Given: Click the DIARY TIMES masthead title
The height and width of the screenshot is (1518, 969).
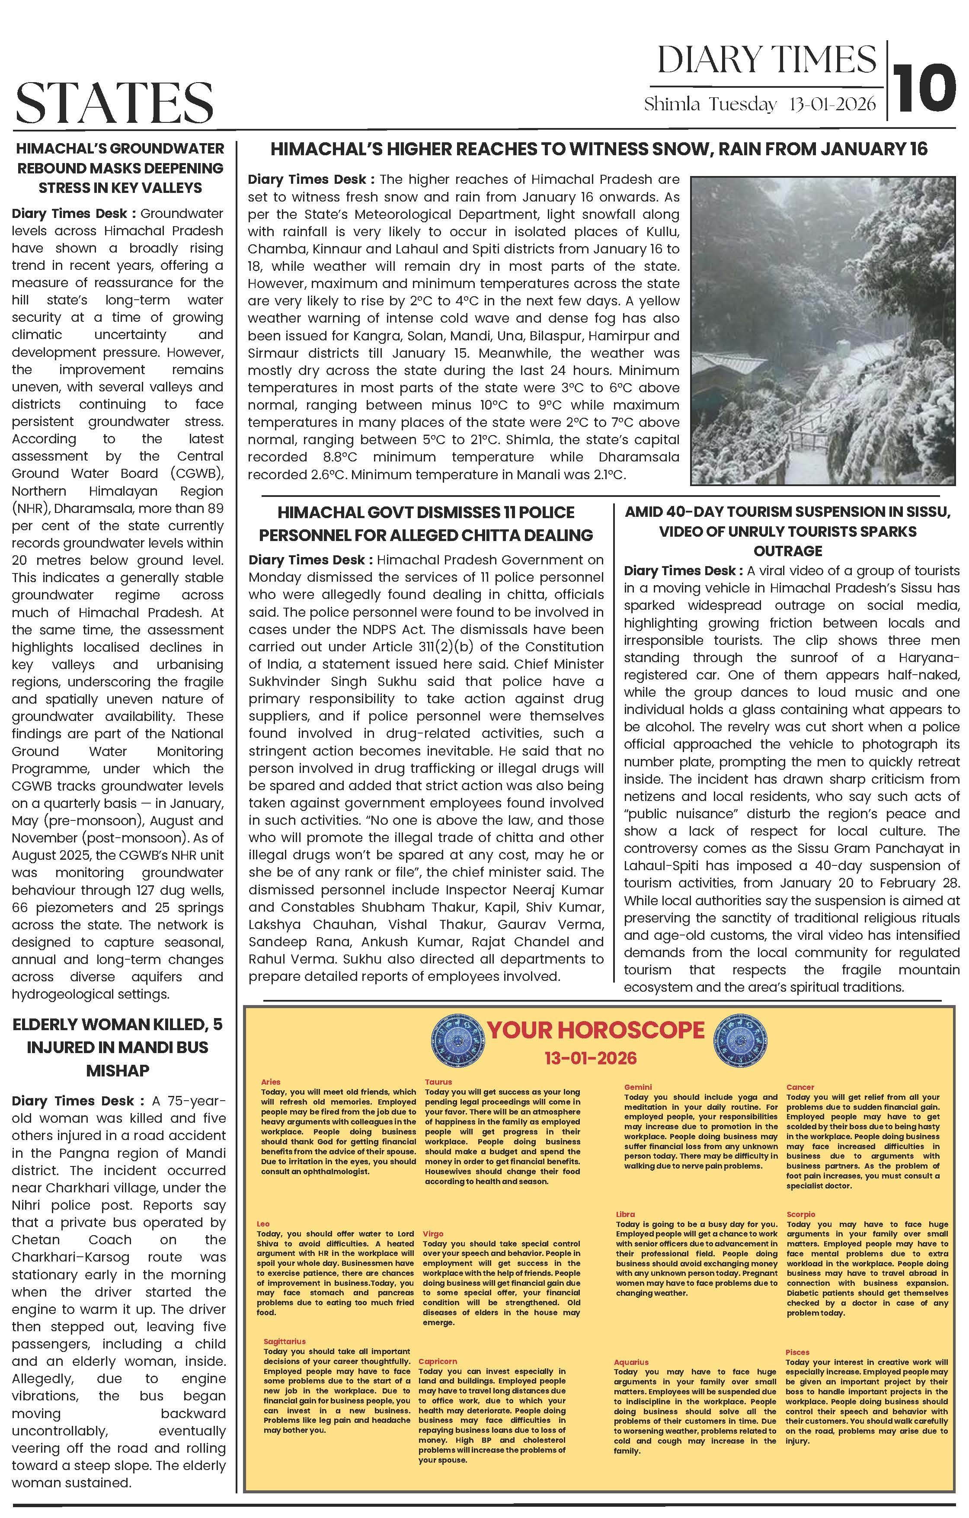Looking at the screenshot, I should pyautogui.click(x=767, y=61).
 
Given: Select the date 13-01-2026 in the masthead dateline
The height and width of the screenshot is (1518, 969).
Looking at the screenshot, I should pyautogui.click(x=832, y=104).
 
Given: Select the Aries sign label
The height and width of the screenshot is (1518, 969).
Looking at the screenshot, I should pyautogui.click(x=271, y=1082).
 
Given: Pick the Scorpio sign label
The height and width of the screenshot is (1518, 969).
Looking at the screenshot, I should pyautogui.click(x=801, y=1214).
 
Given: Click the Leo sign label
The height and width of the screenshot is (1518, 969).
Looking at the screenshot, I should pyautogui.click(x=263, y=1223).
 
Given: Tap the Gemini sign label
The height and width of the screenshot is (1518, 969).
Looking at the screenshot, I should pyautogui.click(x=638, y=1087).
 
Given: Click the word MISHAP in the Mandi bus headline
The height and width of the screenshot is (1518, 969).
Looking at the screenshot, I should pyautogui.click(x=118, y=1070).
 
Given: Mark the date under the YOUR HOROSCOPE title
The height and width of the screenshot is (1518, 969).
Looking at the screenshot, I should pyautogui.click(x=591, y=1057).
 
